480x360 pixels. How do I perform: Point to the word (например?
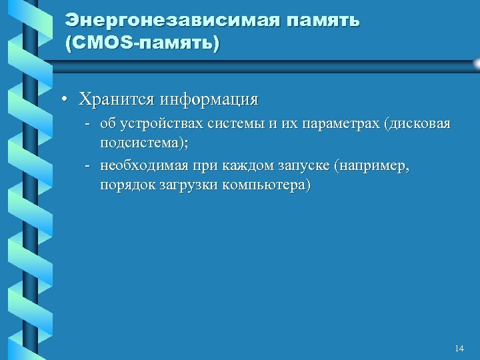pyautogui.click(x=373, y=165)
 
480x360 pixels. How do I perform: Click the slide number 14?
pyautogui.click(x=458, y=349)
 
